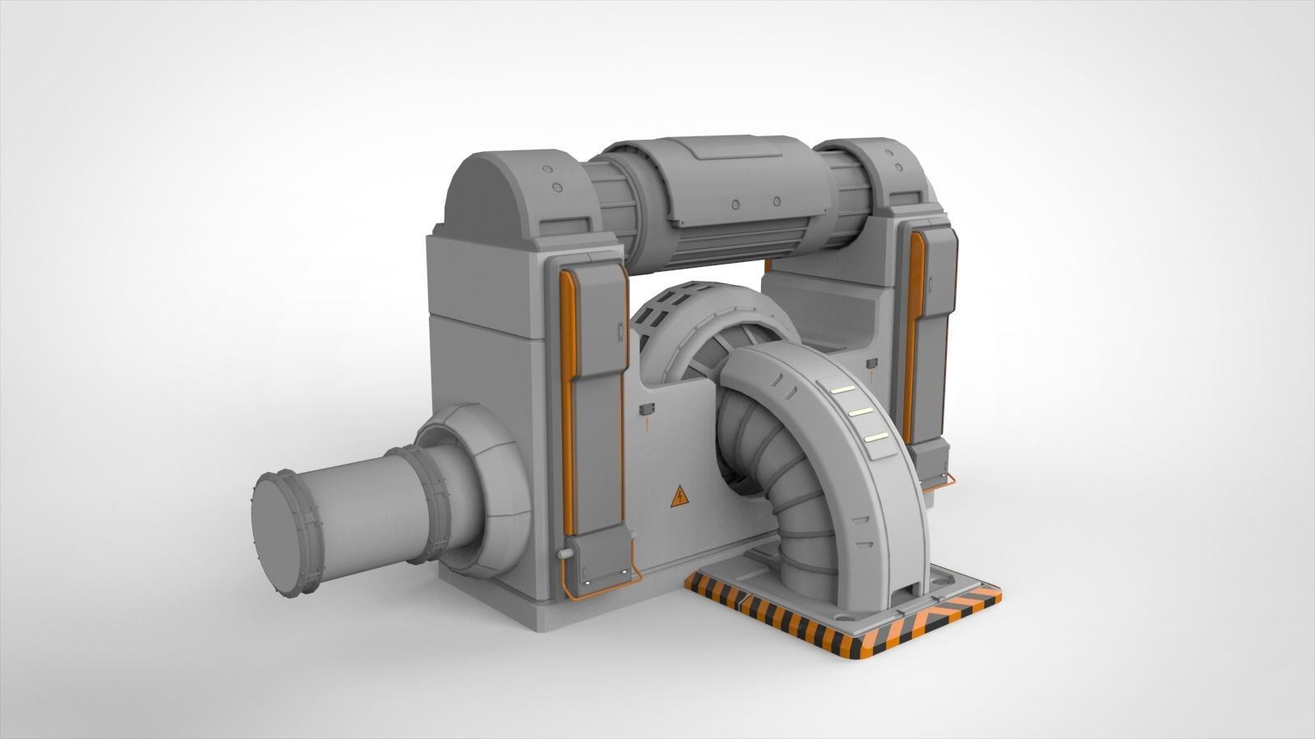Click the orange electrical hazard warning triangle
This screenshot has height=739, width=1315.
click(680, 496)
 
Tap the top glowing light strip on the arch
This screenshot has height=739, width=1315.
click(842, 390)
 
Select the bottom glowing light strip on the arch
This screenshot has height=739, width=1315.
click(876, 438)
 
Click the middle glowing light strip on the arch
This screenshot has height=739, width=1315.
click(860, 411)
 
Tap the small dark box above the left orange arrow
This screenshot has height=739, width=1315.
click(646, 408)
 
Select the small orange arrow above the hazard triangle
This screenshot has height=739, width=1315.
click(647, 425)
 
